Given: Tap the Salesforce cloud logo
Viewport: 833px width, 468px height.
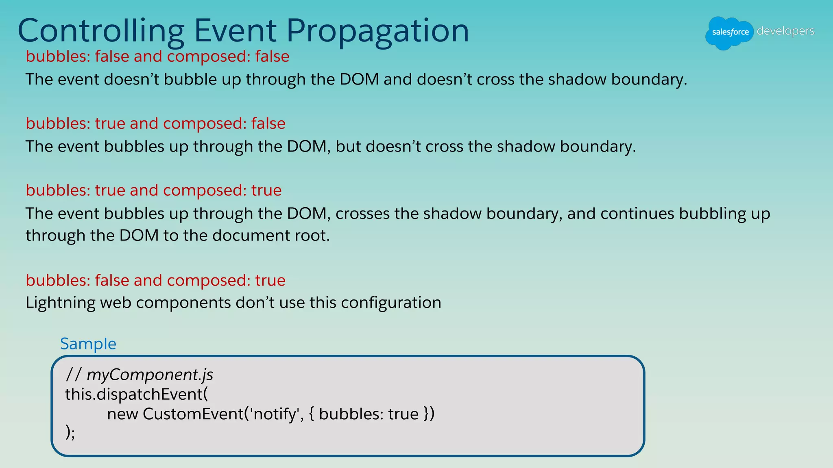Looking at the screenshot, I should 730,32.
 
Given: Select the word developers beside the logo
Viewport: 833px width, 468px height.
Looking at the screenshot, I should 785,31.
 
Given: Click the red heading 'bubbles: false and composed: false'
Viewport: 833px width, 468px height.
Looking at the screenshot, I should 157,56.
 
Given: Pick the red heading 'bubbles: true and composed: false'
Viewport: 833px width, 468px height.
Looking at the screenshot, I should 155,123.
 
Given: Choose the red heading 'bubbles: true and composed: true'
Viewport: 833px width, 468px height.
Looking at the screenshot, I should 153,191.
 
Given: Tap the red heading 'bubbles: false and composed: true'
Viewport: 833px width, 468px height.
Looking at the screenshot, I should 155,280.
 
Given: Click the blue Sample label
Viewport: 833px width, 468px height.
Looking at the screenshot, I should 88,344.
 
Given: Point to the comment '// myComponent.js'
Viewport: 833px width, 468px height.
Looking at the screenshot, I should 139,375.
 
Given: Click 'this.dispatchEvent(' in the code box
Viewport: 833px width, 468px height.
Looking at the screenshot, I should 136,394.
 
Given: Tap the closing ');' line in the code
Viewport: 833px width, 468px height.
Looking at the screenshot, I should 70,432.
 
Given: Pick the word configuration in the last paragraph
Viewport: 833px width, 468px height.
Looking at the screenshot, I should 391,303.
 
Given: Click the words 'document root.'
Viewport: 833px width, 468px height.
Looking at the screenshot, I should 271,236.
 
